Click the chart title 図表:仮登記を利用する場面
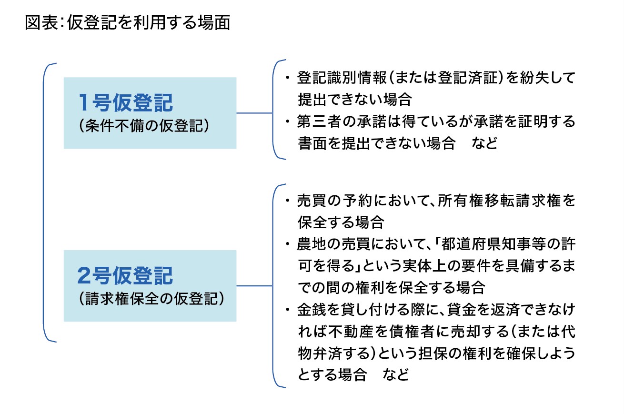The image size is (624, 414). pyautogui.click(x=128, y=22)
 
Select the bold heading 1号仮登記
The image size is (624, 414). pyautogui.click(x=126, y=103)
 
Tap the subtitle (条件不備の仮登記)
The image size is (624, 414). pyautogui.click(x=144, y=126)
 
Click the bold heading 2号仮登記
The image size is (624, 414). pyautogui.click(x=125, y=275)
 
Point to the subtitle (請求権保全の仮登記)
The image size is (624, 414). pyautogui.click(x=152, y=299)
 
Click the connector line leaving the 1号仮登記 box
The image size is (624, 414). pyautogui.click(x=254, y=113)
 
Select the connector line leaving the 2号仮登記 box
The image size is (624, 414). pyautogui.click(x=254, y=286)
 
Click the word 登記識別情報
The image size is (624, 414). pyautogui.click(x=342, y=78)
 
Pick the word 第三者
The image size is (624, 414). pyautogui.click(x=319, y=121)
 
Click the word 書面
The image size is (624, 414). pyautogui.click(x=312, y=143)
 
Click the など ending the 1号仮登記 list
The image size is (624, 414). pyautogui.click(x=484, y=143)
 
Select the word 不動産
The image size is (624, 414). pyautogui.click(x=351, y=332)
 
